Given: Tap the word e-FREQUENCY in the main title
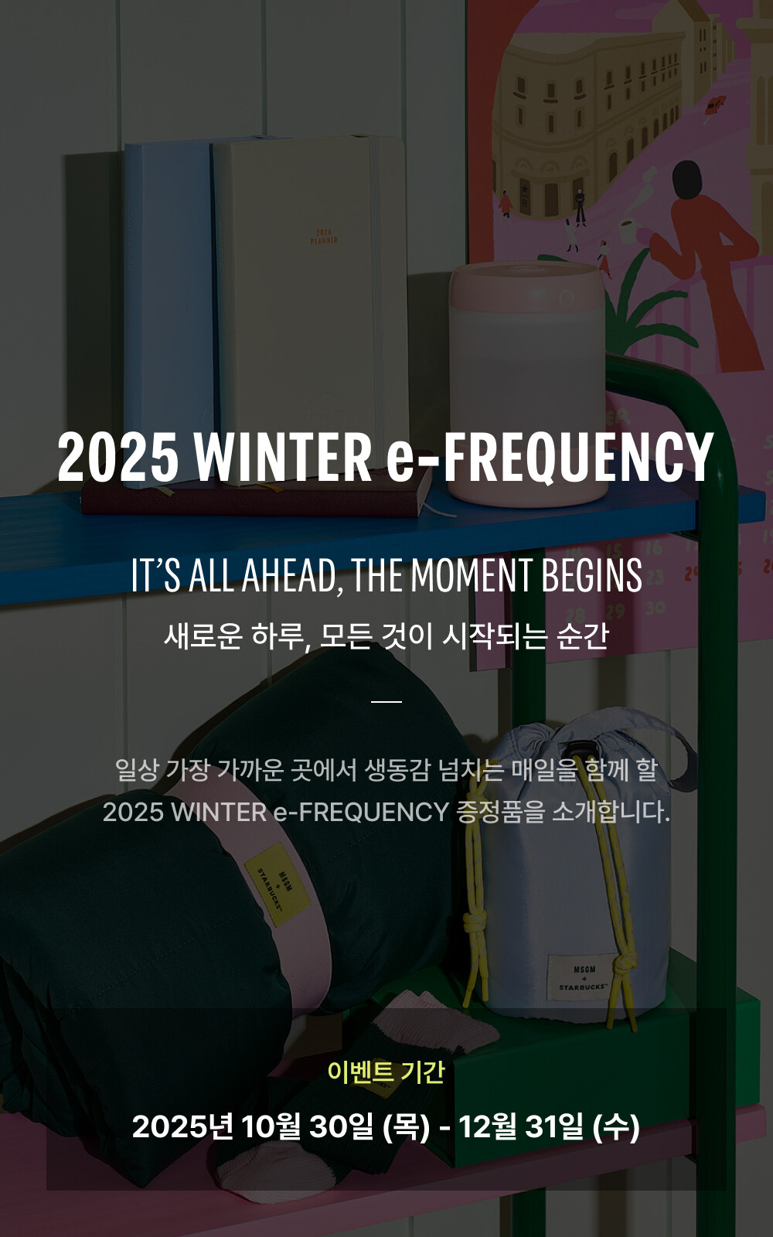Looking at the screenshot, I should [x=550, y=456].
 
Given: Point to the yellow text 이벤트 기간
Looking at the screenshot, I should [x=386, y=1072].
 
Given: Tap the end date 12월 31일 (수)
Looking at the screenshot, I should [x=549, y=1126].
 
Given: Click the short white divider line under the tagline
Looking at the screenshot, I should [x=386, y=701].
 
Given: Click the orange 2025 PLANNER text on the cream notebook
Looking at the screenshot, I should [x=324, y=237].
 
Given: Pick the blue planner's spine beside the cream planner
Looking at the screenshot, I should [x=166, y=309].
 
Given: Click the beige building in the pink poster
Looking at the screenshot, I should [x=587, y=116].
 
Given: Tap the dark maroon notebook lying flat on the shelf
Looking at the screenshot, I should [x=255, y=499].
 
